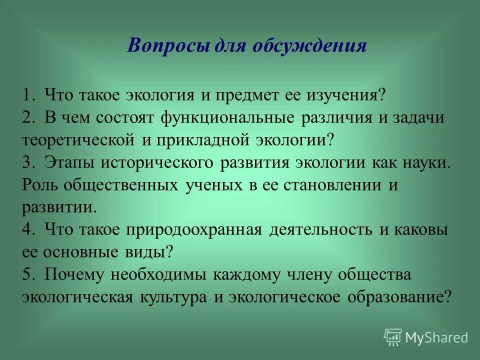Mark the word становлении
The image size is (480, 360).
[326, 185]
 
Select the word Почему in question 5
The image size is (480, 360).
[75, 274]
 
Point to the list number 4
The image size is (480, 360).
[27, 230]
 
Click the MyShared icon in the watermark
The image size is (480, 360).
[393, 337]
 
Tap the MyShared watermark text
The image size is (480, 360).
[436, 337]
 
